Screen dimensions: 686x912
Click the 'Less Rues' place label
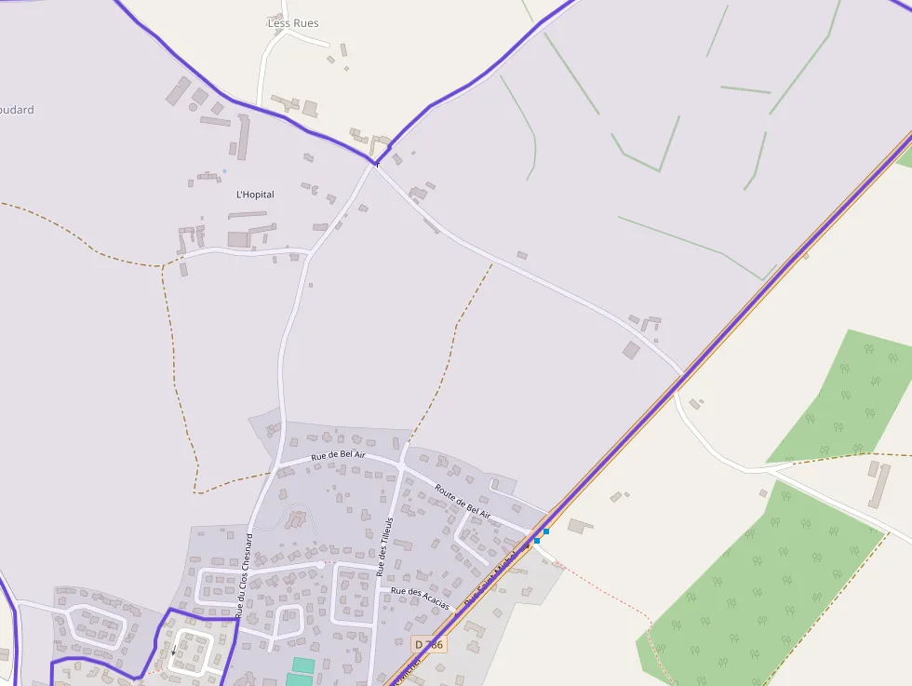pyautogui.click(x=292, y=23)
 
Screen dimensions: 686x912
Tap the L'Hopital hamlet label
pyautogui.click(x=255, y=195)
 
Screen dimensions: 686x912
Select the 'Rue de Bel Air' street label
pyautogui.click(x=338, y=455)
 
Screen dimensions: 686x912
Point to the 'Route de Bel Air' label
pyautogui.click(x=463, y=500)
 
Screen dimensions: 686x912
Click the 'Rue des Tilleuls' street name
pyautogui.click(x=384, y=545)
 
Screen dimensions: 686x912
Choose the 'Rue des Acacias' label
pyautogui.click(x=420, y=598)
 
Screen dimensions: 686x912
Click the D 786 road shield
pyautogui.click(x=429, y=644)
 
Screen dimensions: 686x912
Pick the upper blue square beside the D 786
pyautogui.click(x=545, y=531)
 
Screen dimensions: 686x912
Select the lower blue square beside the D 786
pyautogui.click(x=537, y=541)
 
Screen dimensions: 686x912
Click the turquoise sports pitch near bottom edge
pyautogui.click(x=302, y=666)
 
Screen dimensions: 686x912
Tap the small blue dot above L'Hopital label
pyautogui.click(x=224, y=171)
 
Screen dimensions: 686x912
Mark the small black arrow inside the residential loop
pyautogui.click(x=173, y=650)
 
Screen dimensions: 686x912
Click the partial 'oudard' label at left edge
pyautogui.click(x=16, y=110)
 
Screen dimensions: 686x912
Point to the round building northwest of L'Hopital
pyautogui.click(x=193, y=107)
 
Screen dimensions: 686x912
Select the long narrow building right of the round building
pyautogui.click(x=244, y=138)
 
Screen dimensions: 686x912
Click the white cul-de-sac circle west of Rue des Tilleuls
pyautogui.click(x=321, y=565)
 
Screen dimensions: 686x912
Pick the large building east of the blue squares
pyautogui.click(x=580, y=527)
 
